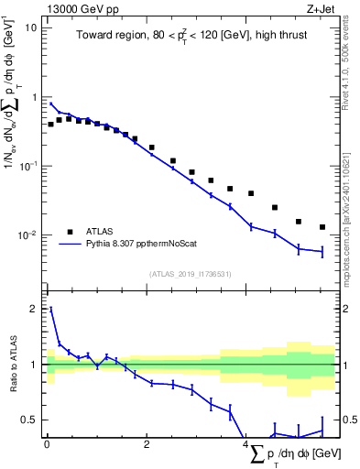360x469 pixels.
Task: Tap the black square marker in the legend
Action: (x=70, y=232)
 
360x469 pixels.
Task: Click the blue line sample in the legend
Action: (x=70, y=245)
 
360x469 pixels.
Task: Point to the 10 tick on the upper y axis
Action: (x=31, y=27)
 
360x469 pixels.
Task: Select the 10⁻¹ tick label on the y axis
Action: (x=27, y=166)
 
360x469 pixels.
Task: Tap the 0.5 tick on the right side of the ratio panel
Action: (x=347, y=420)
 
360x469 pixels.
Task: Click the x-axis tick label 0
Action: (x=47, y=444)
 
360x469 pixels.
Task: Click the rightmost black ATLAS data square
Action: (x=322, y=227)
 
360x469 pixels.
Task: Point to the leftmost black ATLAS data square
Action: (x=50, y=124)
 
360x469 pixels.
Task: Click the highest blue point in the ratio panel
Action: (x=50, y=309)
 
